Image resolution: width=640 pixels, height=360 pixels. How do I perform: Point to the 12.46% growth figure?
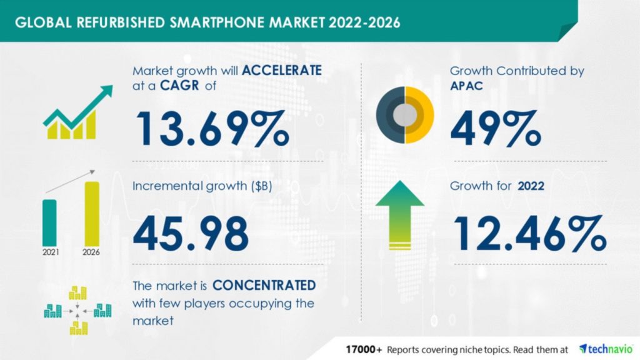coord(530,233)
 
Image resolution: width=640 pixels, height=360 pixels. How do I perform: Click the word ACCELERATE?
coord(282,71)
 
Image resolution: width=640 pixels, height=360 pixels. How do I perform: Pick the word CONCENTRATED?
coord(264,286)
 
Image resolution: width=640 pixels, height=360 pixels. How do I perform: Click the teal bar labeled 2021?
coord(50,222)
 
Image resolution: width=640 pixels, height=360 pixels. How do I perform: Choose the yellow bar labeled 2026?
coord(92,213)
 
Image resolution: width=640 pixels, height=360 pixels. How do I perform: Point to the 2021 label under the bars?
coord(50,252)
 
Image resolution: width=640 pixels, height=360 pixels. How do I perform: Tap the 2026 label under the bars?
coord(91,252)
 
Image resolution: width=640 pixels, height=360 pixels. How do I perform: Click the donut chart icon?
coord(405,114)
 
